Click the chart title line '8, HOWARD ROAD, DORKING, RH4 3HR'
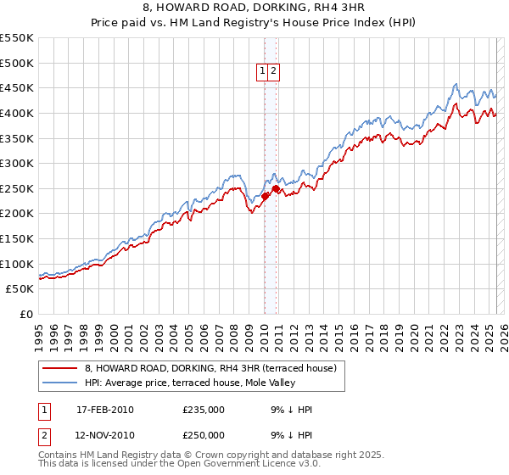point(255,8)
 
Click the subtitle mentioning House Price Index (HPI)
point(255,24)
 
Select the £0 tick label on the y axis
point(25,314)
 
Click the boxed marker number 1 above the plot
point(263,72)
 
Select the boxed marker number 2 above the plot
point(275,72)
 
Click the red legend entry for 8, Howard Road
point(210,368)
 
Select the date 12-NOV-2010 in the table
point(105,435)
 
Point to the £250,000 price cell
point(204,435)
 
